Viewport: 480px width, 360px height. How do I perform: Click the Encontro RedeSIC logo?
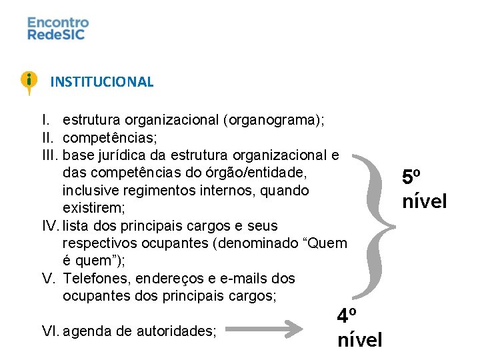(58, 28)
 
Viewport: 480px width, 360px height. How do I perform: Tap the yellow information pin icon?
(29, 82)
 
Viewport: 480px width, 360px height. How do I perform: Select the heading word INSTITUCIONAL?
(102, 82)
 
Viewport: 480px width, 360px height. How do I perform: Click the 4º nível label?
(359, 328)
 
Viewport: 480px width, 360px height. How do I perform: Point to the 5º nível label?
(423, 189)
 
